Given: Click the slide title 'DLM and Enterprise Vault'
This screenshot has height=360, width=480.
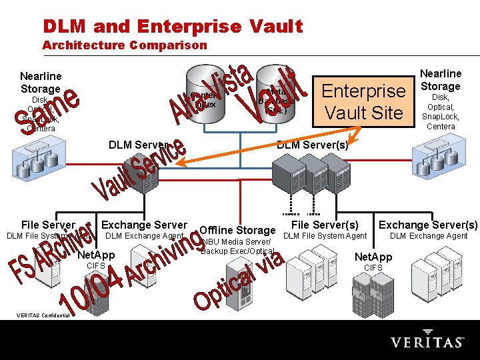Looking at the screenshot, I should pyautogui.click(x=173, y=27).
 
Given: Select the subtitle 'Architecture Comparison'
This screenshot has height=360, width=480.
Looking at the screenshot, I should pyautogui.click(x=125, y=45).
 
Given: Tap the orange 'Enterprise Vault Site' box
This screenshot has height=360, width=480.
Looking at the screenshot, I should pyautogui.click(x=363, y=101).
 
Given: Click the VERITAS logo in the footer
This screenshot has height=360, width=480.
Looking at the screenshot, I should pyautogui.click(x=427, y=342).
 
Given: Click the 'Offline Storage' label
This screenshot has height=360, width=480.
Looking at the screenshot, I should pyautogui.click(x=237, y=230).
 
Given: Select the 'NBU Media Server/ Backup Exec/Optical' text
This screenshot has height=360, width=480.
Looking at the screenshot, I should pyautogui.click(x=237, y=246).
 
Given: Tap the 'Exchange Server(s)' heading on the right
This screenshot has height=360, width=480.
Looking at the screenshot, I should pyautogui.click(x=428, y=225).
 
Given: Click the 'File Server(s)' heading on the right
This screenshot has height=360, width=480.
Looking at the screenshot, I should pyautogui.click(x=325, y=225).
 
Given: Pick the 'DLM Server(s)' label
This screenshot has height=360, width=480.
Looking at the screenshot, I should pyautogui.click(x=311, y=145).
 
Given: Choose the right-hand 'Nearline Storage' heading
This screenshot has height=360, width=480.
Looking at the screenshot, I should pyautogui.click(x=441, y=80).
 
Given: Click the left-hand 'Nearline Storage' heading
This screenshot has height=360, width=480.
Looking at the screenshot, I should pyautogui.click(x=41, y=83).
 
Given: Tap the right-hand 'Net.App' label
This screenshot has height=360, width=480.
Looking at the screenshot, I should pyautogui.click(x=373, y=257).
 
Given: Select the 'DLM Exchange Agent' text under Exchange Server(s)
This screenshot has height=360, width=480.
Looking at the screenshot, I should pyautogui.click(x=429, y=236).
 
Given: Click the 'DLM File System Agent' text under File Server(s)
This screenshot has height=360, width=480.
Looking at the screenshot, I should pyautogui.click(x=325, y=236).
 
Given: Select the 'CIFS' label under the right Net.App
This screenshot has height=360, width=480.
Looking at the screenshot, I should pyautogui.click(x=373, y=268).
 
